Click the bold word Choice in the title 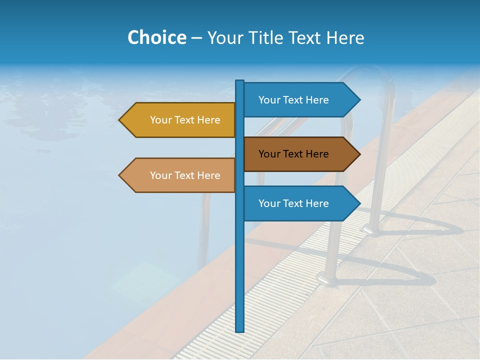click(x=156, y=37)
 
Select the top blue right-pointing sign click(x=295, y=100)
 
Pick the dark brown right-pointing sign click(x=295, y=154)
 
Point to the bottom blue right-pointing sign click(x=295, y=203)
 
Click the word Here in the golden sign click(x=208, y=120)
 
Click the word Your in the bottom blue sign click(x=269, y=203)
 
